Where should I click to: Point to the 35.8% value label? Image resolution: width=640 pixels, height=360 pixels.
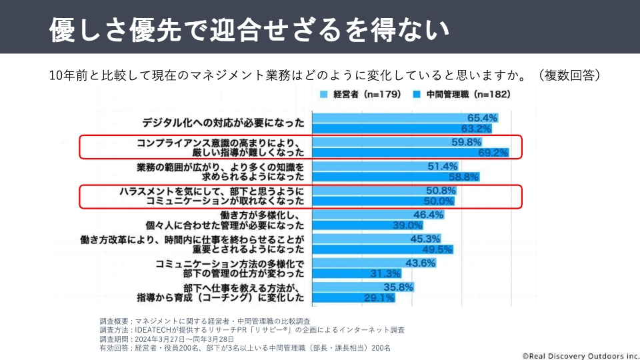399,287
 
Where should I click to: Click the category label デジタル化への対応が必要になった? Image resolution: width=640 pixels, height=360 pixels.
223,123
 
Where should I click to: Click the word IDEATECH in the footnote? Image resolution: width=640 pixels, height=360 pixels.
153,330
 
